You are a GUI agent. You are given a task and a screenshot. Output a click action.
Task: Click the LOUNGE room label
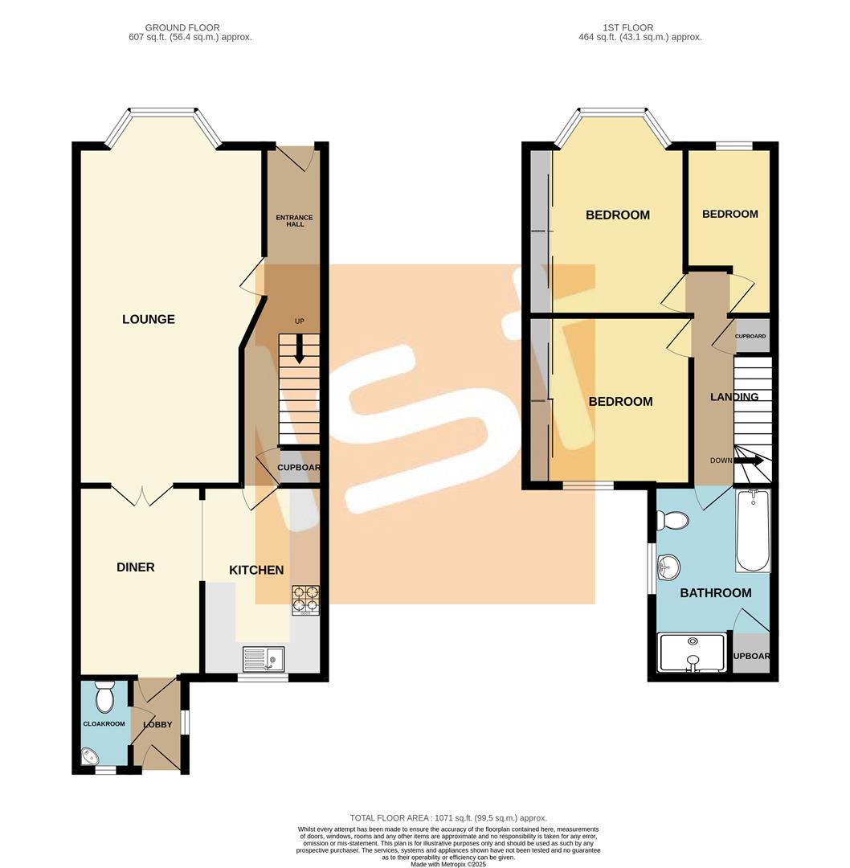[x=148, y=319]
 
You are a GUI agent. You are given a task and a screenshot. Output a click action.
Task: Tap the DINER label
[x=135, y=567]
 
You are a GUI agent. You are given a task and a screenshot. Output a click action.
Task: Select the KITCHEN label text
[x=256, y=570]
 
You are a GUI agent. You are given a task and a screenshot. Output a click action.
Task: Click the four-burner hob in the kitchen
[x=305, y=599]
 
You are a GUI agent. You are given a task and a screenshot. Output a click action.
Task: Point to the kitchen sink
[x=263, y=660]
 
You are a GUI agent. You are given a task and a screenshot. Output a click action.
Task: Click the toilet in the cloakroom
[x=105, y=698]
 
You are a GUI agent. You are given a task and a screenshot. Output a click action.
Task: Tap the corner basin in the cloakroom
[x=90, y=755]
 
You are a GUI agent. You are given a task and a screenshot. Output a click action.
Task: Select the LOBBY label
[x=157, y=724]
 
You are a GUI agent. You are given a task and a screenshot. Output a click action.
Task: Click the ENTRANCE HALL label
[x=294, y=221]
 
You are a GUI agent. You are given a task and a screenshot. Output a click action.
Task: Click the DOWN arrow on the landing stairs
[x=751, y=461]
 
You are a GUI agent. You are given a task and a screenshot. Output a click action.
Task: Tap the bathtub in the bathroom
[x=753, y=532]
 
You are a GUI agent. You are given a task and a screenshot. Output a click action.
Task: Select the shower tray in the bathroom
[x=691, y=653]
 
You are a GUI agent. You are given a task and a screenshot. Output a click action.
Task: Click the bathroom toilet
[x=672, y=521]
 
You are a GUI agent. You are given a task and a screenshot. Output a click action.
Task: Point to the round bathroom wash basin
[x=667, y=567]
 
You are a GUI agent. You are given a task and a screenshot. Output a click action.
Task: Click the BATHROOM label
[x=715, y=593]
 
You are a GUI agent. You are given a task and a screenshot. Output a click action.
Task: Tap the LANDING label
[x=734, y=396]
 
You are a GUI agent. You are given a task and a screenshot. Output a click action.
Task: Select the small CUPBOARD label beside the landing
[x=750, y=336]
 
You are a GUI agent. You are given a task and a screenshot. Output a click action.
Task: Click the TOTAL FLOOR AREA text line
[x=447, y=817]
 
